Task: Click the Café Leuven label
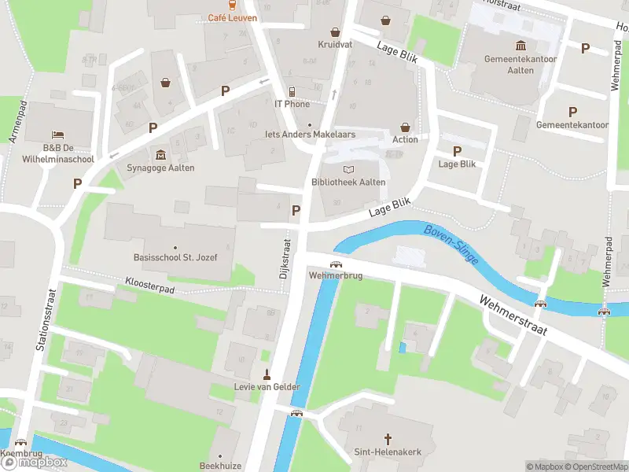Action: (233, 18)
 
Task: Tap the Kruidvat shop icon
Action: (336, 32)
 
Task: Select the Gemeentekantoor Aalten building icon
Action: (520, 46)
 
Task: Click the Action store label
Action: (405, 140)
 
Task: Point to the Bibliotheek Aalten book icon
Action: (348, 169)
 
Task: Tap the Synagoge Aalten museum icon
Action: (161, 154)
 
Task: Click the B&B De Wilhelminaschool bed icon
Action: (57, 135)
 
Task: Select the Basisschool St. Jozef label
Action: (174, 257)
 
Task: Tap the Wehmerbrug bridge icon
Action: (336, 264)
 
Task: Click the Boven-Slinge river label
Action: (451, 244)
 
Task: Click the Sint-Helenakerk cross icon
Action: (387, 437)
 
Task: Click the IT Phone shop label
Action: (292, 104)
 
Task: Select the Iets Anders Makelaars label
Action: (311, 135)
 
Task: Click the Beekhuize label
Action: (219, 466)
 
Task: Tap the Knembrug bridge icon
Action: (20, 443)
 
